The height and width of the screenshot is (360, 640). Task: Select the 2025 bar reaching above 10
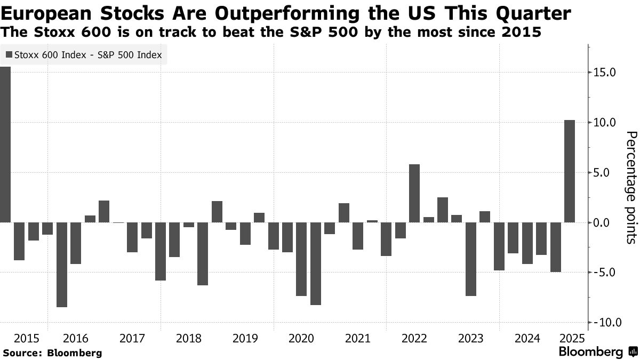tap(570, 171)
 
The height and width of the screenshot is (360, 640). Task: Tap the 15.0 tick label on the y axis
tap(605, 73)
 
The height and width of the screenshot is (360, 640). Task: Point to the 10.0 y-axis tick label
tap(605, 123)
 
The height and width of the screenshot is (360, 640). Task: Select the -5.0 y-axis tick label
tap(605, 273)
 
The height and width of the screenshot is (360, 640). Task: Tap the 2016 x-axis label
tap(76, 338)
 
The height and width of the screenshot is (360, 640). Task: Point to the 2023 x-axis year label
tap(470, 338)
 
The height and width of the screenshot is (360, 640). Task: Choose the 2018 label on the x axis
tap(188, 338)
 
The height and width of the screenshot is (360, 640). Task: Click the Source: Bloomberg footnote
tap(52, 353)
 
